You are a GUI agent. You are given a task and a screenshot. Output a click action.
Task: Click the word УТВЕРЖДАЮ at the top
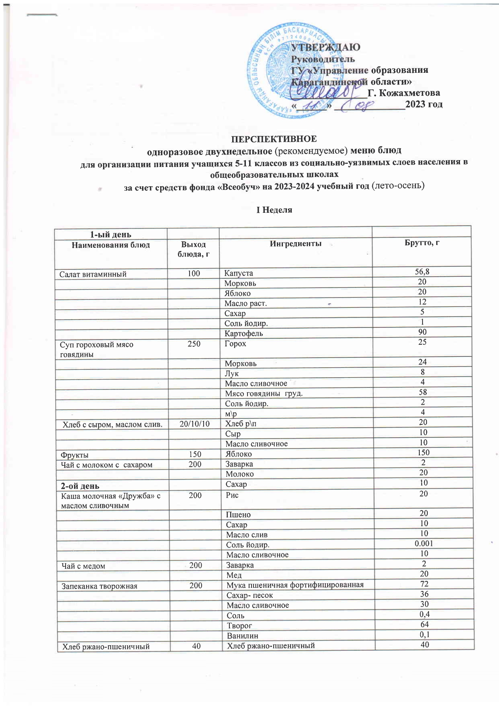point(326,47)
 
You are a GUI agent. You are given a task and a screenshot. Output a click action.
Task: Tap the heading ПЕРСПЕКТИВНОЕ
point(273,139)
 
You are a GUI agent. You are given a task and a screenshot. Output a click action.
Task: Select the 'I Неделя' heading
point(274,210)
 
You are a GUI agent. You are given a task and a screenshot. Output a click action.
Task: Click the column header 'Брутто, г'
point(422,243)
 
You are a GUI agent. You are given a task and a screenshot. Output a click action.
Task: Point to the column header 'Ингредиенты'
point(295,243)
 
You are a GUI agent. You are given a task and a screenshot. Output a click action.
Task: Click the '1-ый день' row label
point(110,235)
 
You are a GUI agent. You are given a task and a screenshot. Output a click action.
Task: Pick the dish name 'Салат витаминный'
point(93,274)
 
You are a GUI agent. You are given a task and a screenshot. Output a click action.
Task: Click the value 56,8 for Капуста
point(422,272)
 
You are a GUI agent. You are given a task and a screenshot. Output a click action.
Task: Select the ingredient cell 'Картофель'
point(243,333)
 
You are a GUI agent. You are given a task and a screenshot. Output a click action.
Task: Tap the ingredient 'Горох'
point(235,344)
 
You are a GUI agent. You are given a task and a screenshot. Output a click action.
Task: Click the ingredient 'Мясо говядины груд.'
point(264,393)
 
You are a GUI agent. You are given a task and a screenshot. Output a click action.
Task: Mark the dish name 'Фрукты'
point(74,455)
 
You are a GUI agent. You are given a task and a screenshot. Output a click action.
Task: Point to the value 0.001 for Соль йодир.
point(424,543)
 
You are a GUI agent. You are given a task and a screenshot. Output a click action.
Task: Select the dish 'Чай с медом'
point(83,566)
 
